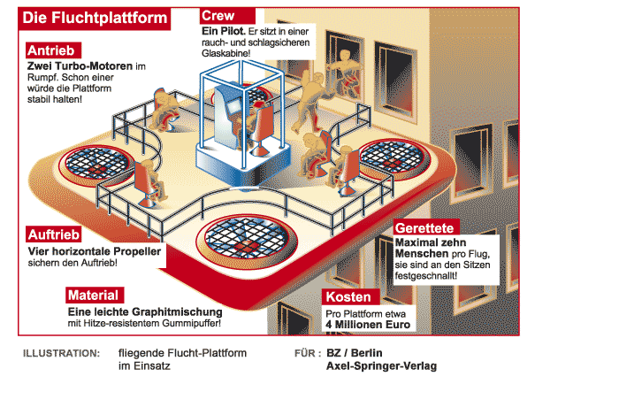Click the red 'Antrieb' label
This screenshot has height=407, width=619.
55,50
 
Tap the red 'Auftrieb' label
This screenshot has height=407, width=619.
57,235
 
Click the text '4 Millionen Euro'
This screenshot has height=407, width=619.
369,326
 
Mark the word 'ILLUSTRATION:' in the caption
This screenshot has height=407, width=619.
62,353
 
